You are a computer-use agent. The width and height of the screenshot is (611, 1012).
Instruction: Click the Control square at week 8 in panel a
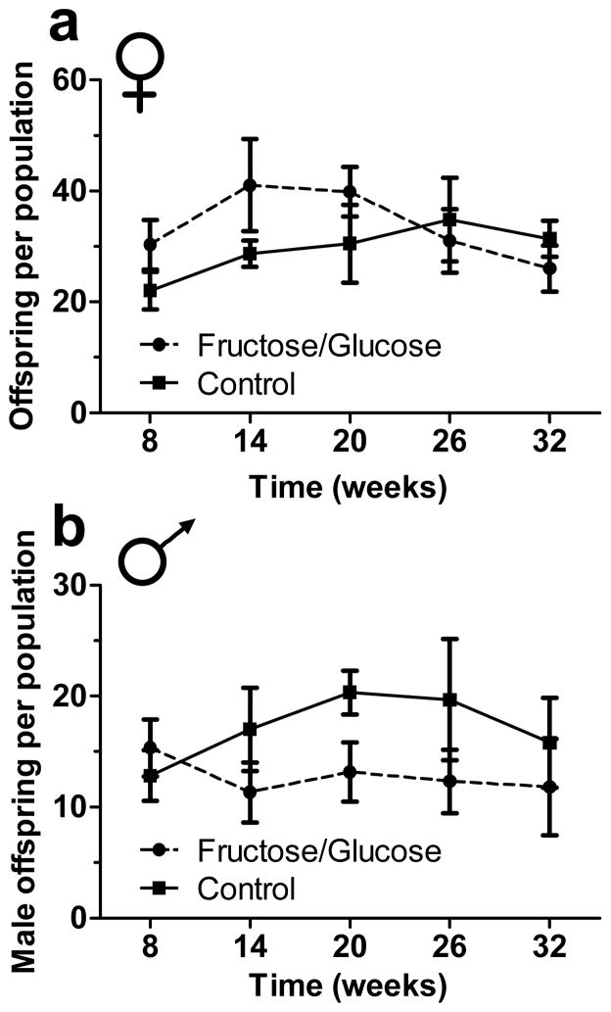pos(150,290)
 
